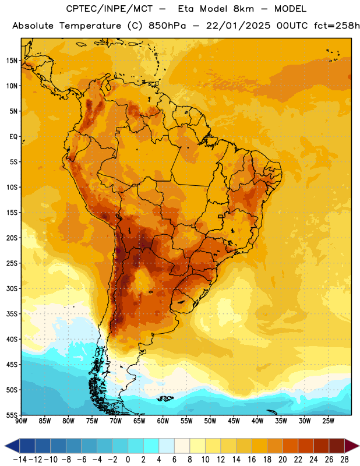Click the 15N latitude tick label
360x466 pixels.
coord(12,61)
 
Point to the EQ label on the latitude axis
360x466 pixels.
coord(13,137)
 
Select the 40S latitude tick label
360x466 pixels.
coord(12,339)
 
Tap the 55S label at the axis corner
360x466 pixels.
coord(12,415)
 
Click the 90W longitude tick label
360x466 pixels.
coord(21,421)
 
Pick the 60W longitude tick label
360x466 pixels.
coord(163,421)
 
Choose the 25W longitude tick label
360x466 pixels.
coord(328,421)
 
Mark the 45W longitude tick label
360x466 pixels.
coord(234,421)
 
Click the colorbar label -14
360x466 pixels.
coord(20,460)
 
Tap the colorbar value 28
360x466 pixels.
coord(344,460)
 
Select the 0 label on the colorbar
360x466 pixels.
coord(128,460)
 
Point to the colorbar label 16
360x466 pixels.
coord(252,460)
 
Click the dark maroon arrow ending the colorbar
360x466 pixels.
coord(352,446)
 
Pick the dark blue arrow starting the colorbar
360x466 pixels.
coord(12,446)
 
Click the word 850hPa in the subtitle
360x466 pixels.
coord(167,26)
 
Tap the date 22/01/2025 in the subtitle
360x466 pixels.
coord(238,26)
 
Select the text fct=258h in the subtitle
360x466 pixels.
coord(337,26)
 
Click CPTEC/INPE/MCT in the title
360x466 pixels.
coord(110,9)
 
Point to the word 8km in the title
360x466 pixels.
coord(243,9)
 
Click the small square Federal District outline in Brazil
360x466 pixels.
coord(221,216)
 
